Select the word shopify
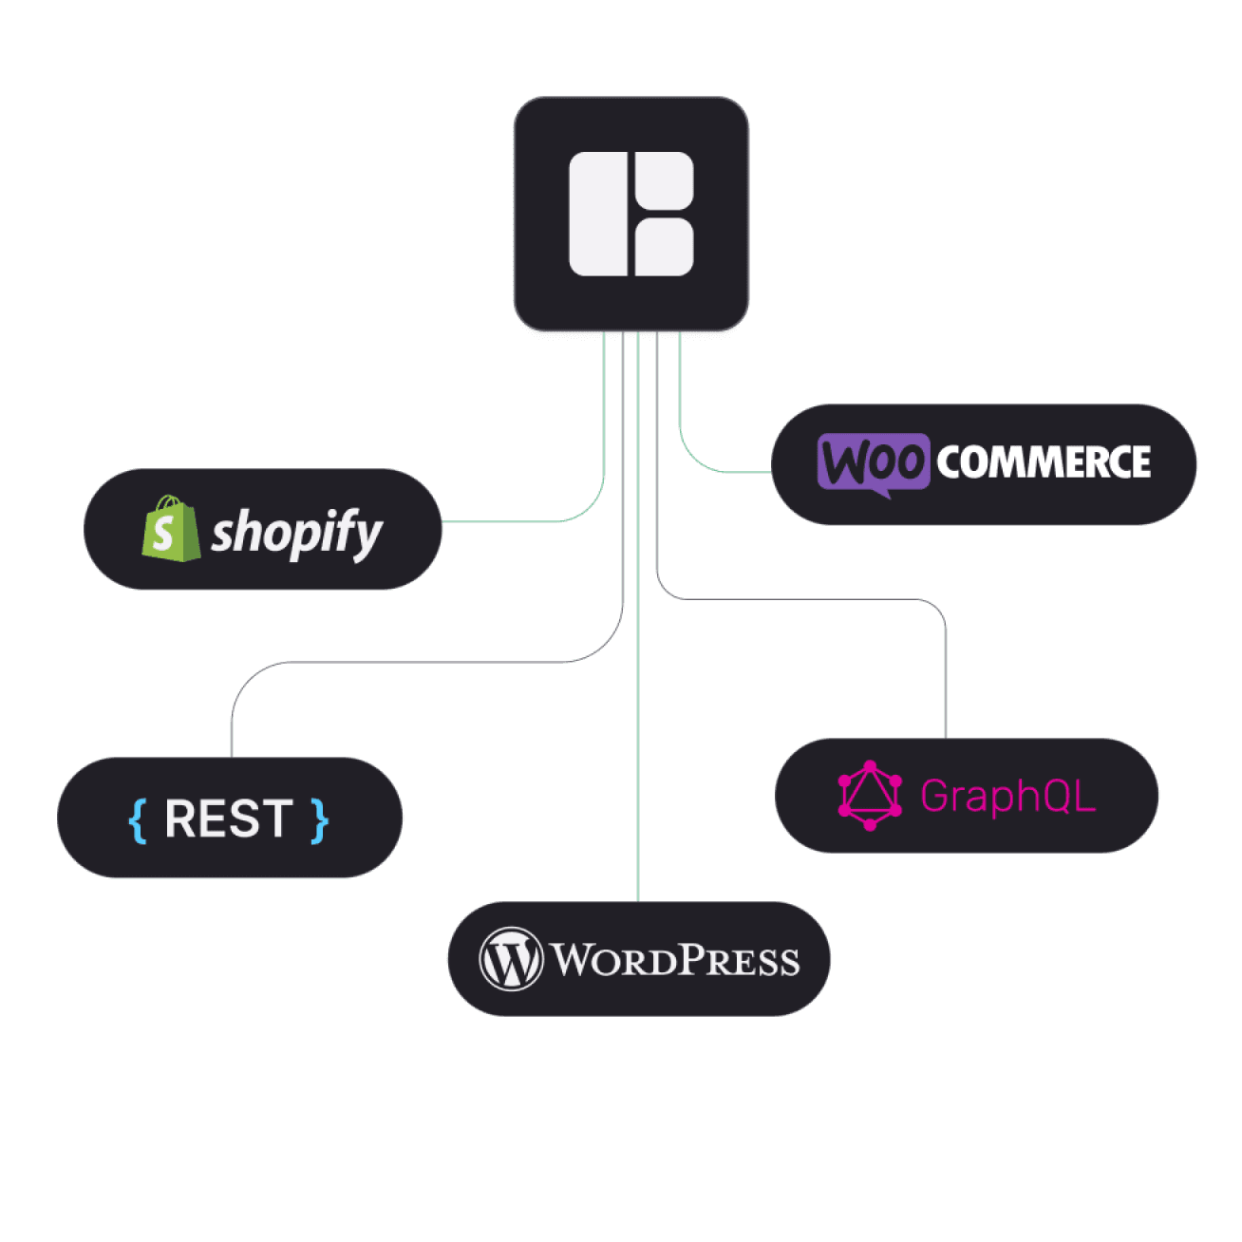pyautogui.click(x=296, y=532)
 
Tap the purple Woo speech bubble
pyautogui.click(x=873, y=462)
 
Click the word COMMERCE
pyautogui.click(x=1044, y=462)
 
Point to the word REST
pyautogui.click(x=229, y=819)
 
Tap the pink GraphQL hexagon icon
pyautogui.click(x=869, y=796)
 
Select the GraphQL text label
pyautogui.click(x=1007, y=796)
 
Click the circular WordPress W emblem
pyautogui.click(x=511, y=959)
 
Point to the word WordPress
pyautogui.click(x=675, y=960)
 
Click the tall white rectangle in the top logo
pyautogui.click(x=598, y=214)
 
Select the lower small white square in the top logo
pyautogui.click(x=664, y=248)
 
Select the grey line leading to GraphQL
pyautogui.click(x=807, y=599)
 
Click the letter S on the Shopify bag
pyautogui.click(x=163, y=534)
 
